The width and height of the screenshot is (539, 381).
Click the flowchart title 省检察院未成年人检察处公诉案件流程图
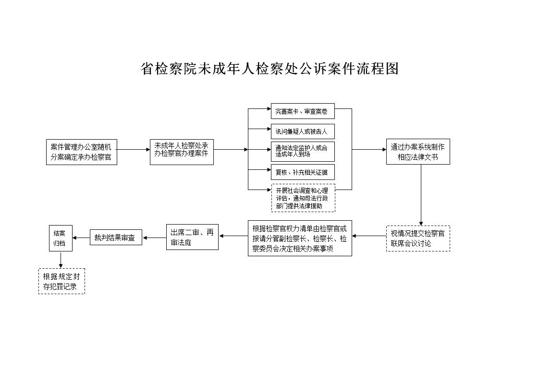coord(269,69)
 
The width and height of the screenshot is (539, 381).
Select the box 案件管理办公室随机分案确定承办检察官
coord(82,152)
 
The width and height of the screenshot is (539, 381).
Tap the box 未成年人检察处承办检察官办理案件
coord(182,152)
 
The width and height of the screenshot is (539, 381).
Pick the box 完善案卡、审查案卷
coord(303,111)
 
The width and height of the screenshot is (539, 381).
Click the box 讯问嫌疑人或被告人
coord(303,131)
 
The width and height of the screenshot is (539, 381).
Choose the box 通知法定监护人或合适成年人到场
coord(303,151)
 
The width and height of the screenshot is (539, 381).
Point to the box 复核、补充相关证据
coord(303,172)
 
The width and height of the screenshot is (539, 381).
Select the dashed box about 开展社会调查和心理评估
coord(303,198)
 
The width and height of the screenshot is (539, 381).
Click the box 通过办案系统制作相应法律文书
coord(418,152)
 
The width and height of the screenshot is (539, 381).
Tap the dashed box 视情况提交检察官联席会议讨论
coord(418,238)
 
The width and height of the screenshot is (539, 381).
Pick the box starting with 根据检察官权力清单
coord(300,238)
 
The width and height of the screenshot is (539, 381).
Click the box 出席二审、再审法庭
coord(192,237)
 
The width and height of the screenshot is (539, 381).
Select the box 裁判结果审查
coord(116,238)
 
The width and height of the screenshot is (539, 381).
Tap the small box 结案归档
coord(61,238)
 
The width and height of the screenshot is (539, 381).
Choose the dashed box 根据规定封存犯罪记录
coord(61,281)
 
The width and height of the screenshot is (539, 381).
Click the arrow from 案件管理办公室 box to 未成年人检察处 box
coord(134,150)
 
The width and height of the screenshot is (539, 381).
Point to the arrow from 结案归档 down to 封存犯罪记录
coord(61,260)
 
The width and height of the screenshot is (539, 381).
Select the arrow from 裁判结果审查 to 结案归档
coord(81,238)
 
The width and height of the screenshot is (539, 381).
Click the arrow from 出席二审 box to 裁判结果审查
coord(154,238)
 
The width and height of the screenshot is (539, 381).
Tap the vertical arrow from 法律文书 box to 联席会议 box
coord(421,195)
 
